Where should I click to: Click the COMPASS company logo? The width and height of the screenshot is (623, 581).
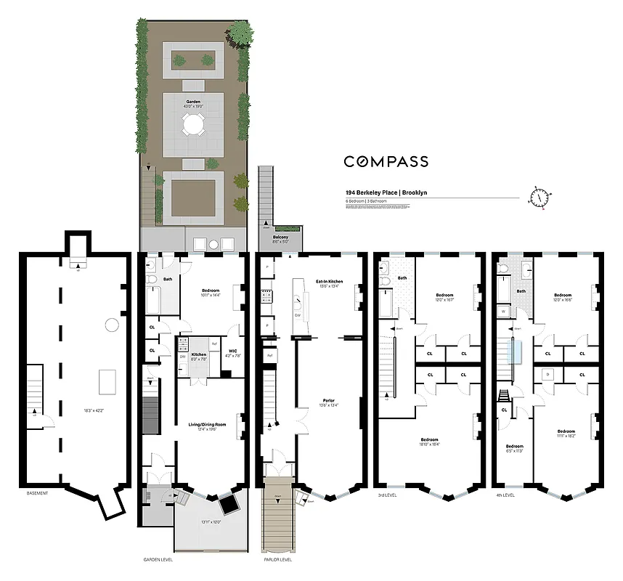click(386, 162)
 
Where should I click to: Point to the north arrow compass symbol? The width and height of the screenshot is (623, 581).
click(539, 197)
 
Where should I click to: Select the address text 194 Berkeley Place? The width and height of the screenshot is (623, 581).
click(371, 192)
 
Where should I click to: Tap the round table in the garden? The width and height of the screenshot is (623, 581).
click(193, 126)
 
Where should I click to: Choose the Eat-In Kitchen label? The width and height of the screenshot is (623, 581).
click(329, 281)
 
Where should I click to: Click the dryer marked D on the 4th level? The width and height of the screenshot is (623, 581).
click(547, 374)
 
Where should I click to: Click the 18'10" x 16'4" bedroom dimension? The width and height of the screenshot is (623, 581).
click(431, 444)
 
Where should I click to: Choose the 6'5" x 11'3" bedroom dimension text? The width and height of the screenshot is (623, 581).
click(514, 450)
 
